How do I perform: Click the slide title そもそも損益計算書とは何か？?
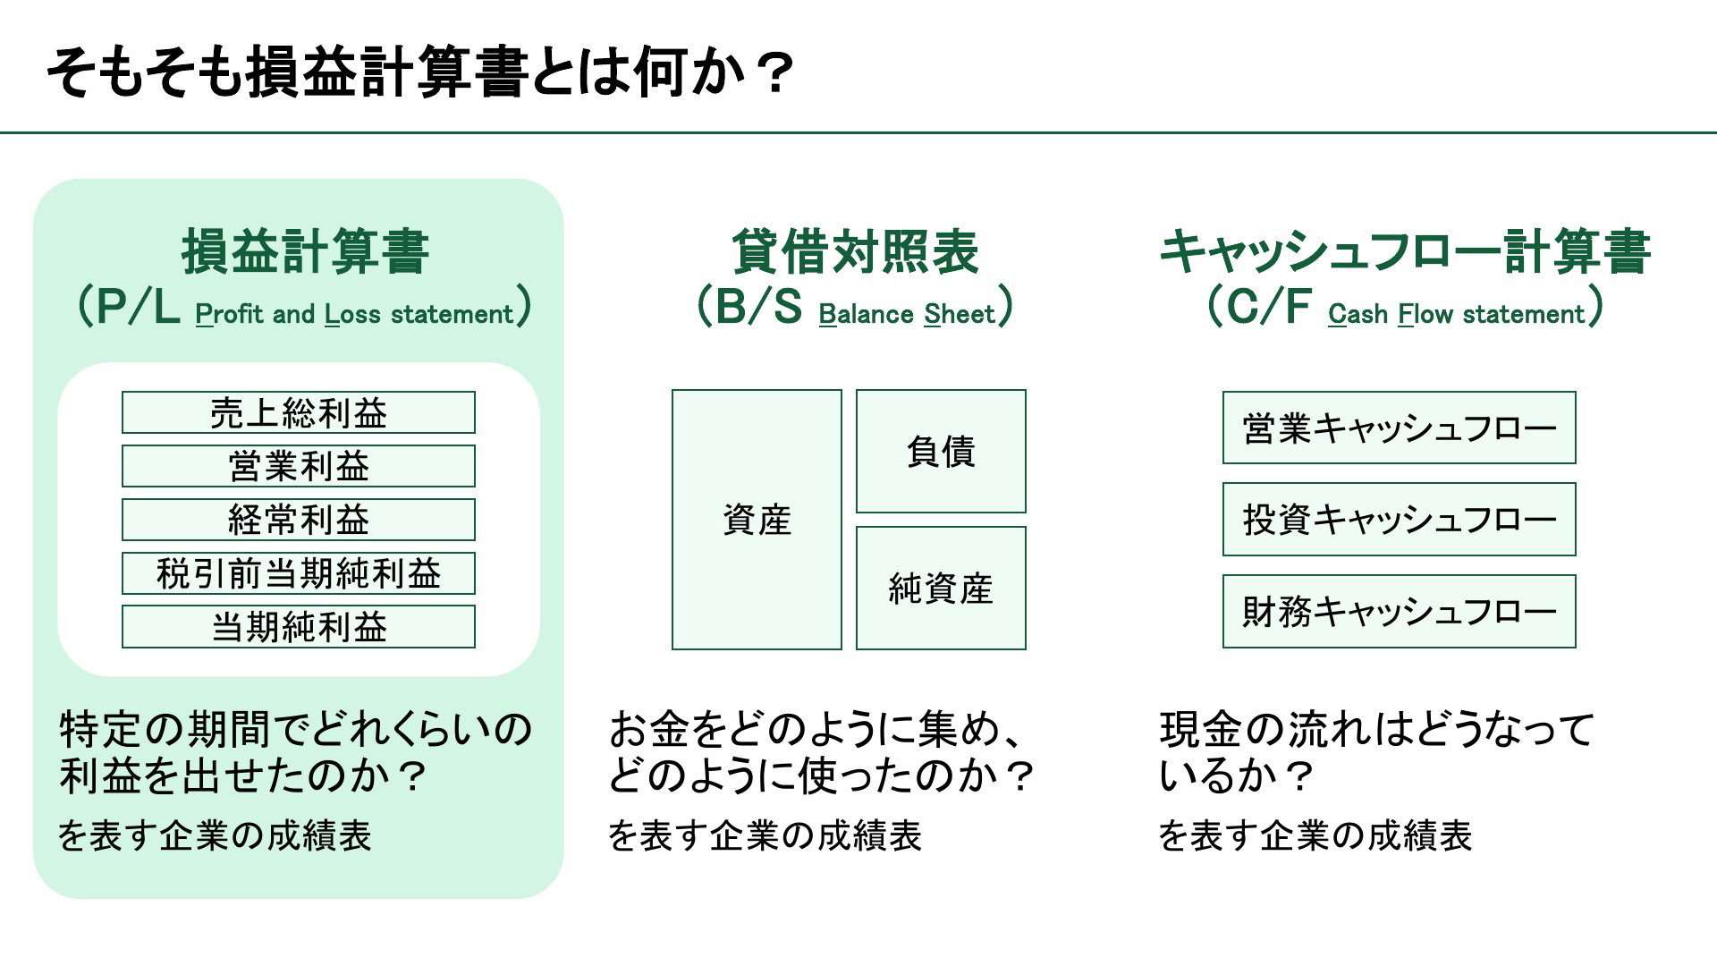420,72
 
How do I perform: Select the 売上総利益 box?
299,412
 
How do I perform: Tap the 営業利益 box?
299,466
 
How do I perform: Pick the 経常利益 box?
299,520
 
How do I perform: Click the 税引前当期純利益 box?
299,573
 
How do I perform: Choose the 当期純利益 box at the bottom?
299,627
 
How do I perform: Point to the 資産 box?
757,520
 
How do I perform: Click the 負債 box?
941,451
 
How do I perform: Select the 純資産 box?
941,589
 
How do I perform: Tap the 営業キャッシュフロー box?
1400,428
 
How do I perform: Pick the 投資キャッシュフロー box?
1400,520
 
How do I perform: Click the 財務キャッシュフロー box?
1400,611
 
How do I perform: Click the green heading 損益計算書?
306,251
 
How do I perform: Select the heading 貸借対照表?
856,251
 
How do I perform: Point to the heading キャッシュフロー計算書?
1405,251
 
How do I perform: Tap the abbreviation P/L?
138,308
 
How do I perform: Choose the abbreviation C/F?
1268,307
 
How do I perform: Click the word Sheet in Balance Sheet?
960,314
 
